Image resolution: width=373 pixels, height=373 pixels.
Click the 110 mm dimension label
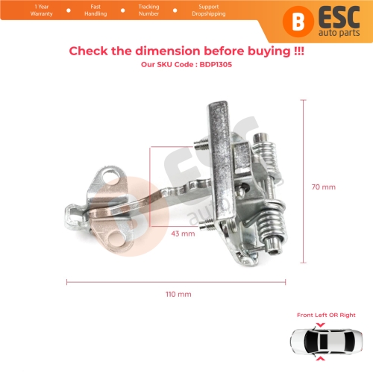(178, 294)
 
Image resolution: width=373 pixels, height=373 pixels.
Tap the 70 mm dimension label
(324, 187)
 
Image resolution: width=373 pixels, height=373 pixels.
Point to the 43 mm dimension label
(183, 233)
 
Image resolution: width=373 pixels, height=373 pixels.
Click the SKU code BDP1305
(216, 64)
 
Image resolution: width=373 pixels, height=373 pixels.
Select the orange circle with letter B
(298, 22)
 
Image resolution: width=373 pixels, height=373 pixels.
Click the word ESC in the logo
(339, 17)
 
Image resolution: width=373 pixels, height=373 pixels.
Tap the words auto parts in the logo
(339, 33)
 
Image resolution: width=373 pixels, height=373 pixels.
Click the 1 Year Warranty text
(42, 10)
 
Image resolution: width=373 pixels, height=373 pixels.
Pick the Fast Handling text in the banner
(95, 10)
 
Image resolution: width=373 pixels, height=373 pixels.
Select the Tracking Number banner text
(148, 10)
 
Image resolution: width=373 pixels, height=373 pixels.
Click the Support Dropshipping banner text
(209, 10)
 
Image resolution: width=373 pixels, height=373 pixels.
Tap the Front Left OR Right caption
(326, 315)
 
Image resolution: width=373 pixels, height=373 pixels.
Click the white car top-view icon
(326, 342)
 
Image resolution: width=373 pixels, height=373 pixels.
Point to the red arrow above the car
(320, 325)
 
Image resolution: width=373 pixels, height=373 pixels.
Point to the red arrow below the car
(321, 358)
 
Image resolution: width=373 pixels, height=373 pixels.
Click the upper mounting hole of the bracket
(109, 177)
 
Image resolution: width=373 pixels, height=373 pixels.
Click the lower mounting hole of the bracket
(116, 239)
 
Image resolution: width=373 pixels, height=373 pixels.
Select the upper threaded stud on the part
(201, 143)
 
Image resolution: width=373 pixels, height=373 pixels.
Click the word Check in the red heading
(88, 51)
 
